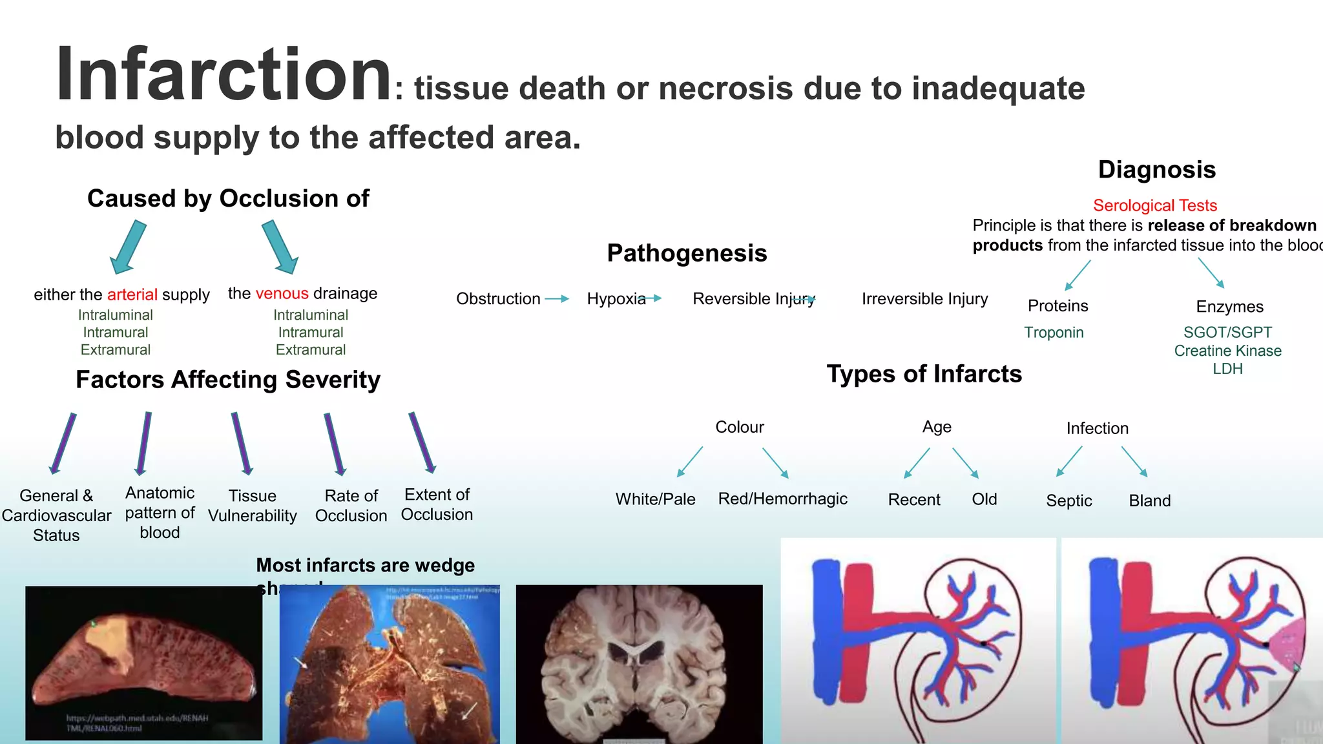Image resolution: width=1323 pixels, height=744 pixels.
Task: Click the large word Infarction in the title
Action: (224, 74)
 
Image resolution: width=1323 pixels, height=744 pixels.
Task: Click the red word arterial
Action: (132, 295)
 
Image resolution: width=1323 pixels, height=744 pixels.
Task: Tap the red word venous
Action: (282, 294)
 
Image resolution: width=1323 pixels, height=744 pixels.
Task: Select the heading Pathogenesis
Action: (687, 253)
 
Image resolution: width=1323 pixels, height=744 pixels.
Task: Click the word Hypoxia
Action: (616, 299)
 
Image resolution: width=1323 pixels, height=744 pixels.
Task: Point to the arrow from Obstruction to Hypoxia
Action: (556, 299)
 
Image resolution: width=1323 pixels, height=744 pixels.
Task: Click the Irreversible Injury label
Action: (924, 299)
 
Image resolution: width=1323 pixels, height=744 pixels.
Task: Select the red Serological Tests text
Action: (1154, 205)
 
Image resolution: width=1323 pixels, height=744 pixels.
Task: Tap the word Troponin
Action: (1053, 333)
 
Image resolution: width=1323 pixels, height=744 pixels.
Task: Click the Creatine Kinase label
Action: (1227, 351)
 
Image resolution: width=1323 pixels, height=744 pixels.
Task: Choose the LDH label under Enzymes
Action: (1227, 369)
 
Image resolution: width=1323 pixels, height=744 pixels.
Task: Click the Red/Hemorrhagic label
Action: (782, 499)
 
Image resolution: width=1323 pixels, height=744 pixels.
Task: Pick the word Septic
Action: (1068, 501)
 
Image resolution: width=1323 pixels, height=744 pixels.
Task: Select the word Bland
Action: (1149, 501)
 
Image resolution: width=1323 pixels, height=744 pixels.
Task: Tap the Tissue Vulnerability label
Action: (252, 506)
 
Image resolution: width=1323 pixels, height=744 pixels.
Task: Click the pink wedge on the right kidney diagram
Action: (1286, 646)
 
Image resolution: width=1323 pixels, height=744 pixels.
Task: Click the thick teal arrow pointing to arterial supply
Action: (129, 247)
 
